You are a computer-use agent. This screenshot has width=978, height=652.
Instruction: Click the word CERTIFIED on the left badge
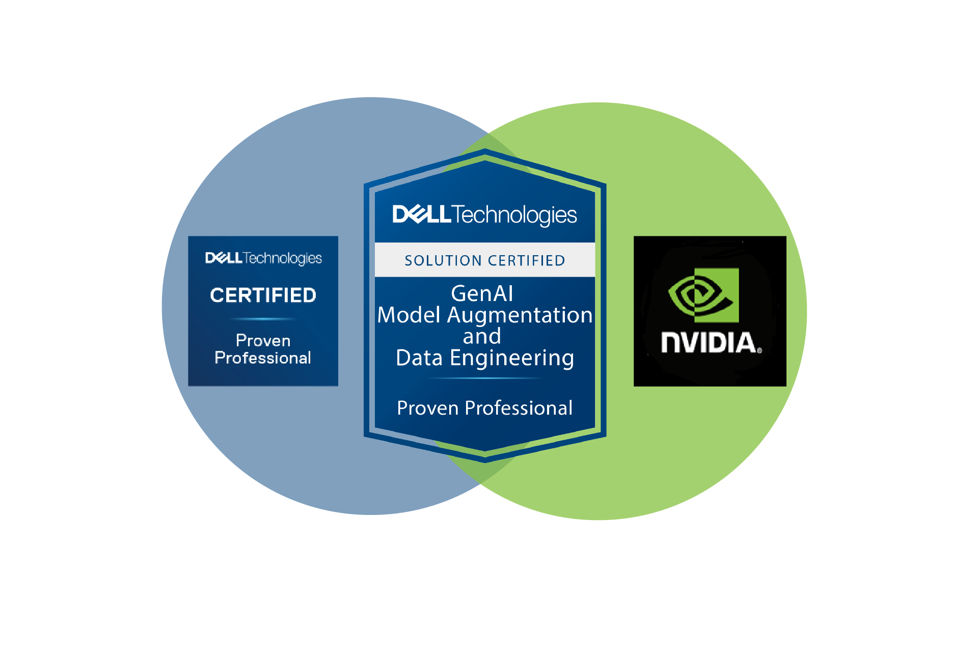tap(263, 295)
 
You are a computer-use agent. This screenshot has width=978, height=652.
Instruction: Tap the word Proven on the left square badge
tap(263, 340)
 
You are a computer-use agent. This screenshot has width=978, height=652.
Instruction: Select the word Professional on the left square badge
tap(263, 358)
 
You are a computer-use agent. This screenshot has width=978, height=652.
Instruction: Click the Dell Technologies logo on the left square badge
tap(263, 258)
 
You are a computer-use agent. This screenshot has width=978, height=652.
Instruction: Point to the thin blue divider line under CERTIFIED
tap(263, 319)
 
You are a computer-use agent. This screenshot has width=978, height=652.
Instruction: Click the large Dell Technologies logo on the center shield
tap(484, 215)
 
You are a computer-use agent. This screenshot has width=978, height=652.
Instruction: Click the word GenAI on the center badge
tap(482, 293)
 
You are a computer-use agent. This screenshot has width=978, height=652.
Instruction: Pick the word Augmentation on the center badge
tap(520, 315)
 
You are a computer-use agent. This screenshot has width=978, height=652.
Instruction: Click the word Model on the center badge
tap(409, 315)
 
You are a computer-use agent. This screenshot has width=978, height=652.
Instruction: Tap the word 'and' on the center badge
tap(482, 336)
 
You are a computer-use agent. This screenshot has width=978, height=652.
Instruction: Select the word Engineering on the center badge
tap(512, 358)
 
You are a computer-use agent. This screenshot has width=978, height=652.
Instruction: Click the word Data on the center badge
tap(419, 358)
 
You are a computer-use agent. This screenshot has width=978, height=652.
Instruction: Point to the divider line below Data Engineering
tap(484, 378)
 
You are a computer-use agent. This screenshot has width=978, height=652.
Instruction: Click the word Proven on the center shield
tap(428, 408)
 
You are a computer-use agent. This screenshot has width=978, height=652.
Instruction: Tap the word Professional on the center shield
tap(519, 408)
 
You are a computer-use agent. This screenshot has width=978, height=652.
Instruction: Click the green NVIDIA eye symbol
tap(703, 295)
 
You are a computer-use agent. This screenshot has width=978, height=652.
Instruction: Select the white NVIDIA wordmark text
tap(709, 342)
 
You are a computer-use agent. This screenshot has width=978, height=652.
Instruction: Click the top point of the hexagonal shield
tap(485, 151)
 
